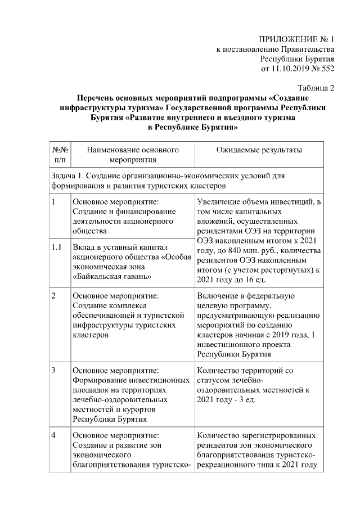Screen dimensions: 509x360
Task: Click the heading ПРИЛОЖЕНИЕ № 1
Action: coord(296,40)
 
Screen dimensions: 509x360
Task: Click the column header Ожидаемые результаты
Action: coord(259,150)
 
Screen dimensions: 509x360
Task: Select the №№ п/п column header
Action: coord(60,155)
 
